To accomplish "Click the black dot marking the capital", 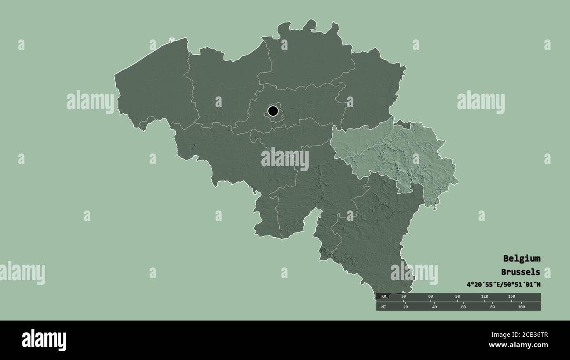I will (273, 111).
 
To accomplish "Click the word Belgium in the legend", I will (521, 258).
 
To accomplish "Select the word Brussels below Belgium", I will (521, 272).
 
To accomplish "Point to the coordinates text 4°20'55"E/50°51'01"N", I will (503, 284).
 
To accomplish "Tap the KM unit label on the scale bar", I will (384, 297).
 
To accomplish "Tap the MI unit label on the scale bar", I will (384, 307).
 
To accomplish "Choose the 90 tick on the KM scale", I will (458, 297).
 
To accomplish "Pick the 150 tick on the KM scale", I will (511, 297).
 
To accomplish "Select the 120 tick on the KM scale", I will (484, 297).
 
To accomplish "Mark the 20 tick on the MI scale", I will (406, 307).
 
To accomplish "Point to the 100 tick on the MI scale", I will (521, 307).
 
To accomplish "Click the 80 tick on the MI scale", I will (493, 307).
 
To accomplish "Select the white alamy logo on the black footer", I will (44, 340).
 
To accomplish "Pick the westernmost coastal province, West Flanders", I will (153, 88).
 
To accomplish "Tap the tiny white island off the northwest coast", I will (171, 40).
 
